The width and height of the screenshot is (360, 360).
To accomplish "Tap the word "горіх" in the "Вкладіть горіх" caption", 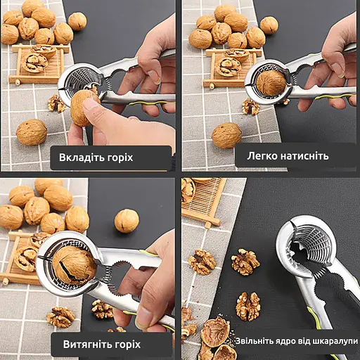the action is coord(120,158).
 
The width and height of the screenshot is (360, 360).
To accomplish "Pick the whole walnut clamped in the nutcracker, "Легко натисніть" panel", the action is coord(271,83).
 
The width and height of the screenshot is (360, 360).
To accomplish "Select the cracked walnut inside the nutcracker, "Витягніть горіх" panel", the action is coord(74,265).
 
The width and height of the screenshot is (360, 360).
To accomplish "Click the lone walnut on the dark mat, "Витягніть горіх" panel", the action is coord(127,221).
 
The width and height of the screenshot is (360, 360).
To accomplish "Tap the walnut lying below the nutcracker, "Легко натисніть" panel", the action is coord(226,135).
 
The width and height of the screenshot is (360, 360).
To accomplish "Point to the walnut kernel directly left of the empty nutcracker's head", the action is coord(245,262).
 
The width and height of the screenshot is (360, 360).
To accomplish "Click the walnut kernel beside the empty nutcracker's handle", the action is coord(248,307).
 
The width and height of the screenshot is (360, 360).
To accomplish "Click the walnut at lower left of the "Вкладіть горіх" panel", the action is coord(32,132).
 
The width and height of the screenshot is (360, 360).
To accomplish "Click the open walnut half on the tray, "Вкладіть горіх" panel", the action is coord(34,63).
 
